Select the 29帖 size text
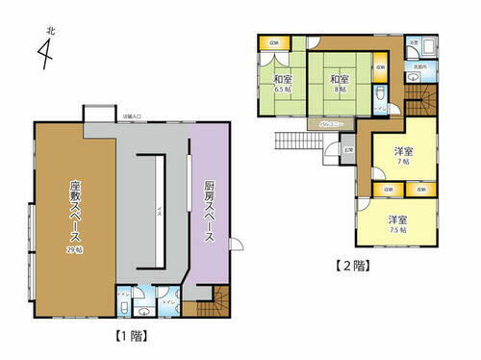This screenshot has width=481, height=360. tap(73, 248)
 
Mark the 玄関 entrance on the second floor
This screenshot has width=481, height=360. tap(350, 149)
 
